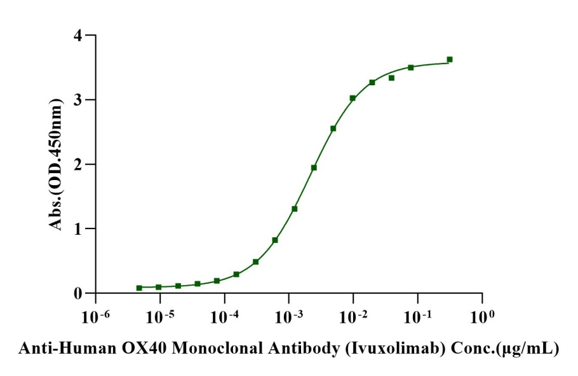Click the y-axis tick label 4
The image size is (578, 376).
click(x=78, y=36)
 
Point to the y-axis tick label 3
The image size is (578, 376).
click(x=78, y=100)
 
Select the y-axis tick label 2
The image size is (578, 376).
click(x=78, y=164)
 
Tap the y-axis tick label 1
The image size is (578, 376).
click(x=78, y=228)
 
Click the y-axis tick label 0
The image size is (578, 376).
click(x=78, y=293)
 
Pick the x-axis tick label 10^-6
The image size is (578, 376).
click(x=95, y=315)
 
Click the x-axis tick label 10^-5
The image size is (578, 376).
click(x=159, y=315)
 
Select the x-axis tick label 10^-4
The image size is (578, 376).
click(x=224, y=315)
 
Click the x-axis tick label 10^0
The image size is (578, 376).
click(x=482, y=315)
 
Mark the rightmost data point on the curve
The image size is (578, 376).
click(x=450, y=59)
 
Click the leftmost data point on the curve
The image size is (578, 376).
click(x=139, y=288)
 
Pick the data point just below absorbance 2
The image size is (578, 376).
click(x=314, y=167)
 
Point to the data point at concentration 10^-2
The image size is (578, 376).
click(x=353, y=98)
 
